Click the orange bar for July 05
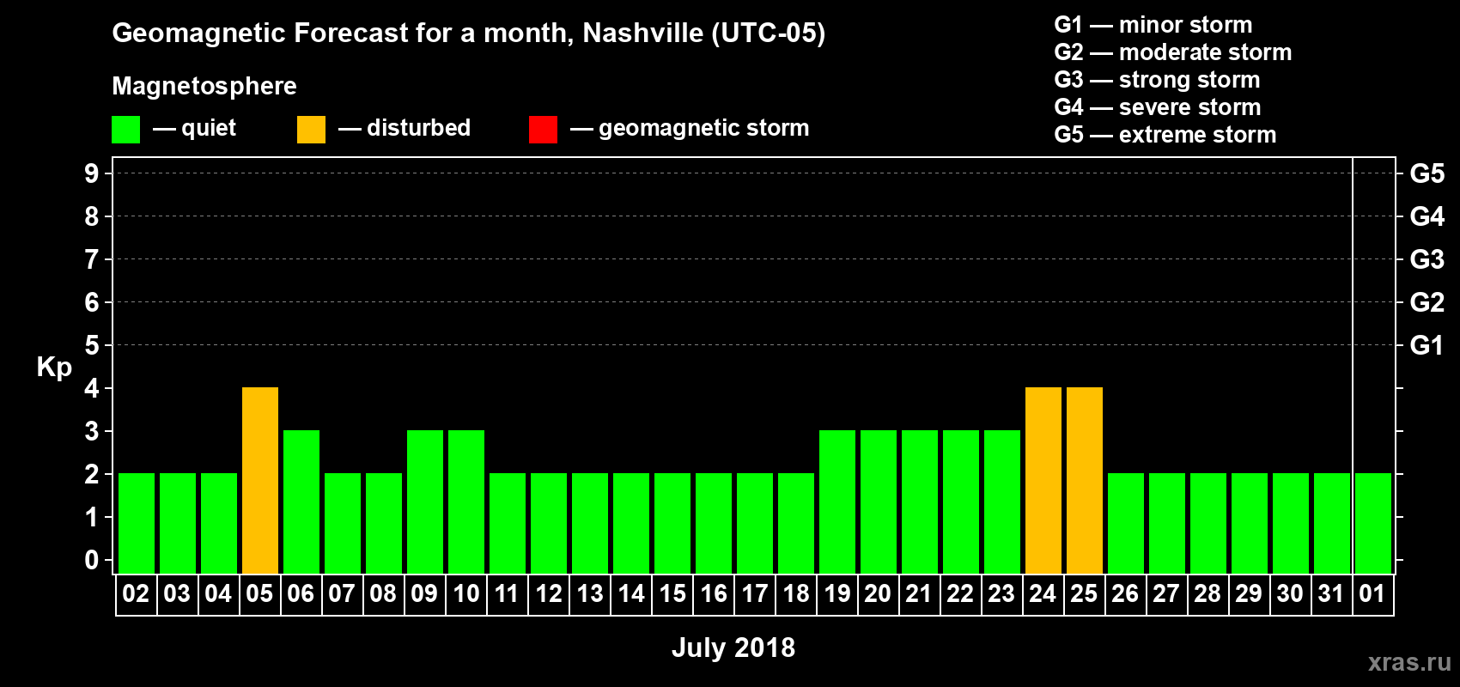[260, 480]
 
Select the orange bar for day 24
[1043, 480]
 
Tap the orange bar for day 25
[1085, 480]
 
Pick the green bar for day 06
[301, 502]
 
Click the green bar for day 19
[837, 502]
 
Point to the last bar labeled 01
[1372, 523]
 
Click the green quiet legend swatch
[125, 130]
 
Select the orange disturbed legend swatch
[311, 130]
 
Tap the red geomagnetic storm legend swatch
[543, 130]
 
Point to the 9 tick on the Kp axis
[92, 173]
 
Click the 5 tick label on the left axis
[92, 345]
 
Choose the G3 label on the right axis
[1427, 259]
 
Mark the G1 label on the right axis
[1427, 345]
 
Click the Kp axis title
[54, 368]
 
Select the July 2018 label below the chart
[733, 647]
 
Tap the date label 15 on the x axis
[672, 593]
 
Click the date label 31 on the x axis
[1330, 593]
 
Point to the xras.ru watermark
[1409, 662]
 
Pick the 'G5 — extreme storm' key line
[1165, 135]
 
